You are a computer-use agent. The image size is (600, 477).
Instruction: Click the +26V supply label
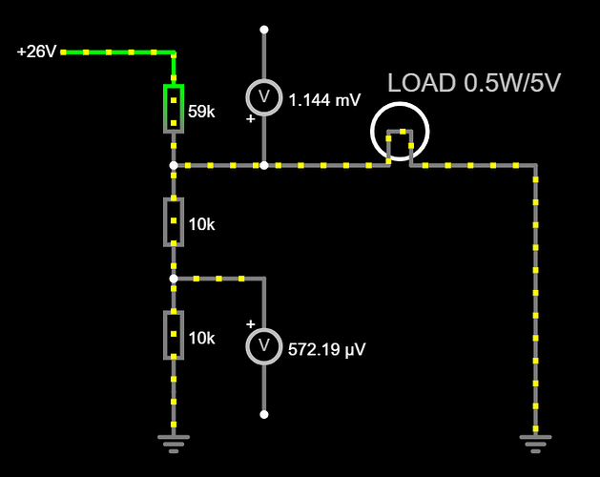[37, 52]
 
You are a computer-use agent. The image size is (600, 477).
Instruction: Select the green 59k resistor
[173, 108]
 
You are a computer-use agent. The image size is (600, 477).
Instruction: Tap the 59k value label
[201, 112]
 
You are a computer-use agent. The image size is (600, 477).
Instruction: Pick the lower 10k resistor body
[173, 334]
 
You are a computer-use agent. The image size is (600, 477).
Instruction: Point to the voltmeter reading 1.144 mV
[264, 97]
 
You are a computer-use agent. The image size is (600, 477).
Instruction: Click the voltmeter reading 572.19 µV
[264, 344]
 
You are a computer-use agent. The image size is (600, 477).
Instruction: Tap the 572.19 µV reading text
[327, 349]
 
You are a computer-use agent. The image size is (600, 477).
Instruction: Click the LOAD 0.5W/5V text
[473, 83]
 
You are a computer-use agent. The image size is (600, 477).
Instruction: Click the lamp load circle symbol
[401, 132]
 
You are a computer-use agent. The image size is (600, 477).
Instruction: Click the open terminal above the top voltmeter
[264, 30]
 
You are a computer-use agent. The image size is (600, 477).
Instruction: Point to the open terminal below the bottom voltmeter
[264, 414]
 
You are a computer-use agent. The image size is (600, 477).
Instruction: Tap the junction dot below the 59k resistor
[173, 165]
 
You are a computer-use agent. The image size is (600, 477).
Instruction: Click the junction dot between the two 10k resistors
[173, 279]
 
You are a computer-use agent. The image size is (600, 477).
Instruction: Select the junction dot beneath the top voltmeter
[264, 165]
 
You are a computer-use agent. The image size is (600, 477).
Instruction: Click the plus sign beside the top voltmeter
[251, 119]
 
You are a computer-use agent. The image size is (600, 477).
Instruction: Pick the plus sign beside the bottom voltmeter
[251, 323]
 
